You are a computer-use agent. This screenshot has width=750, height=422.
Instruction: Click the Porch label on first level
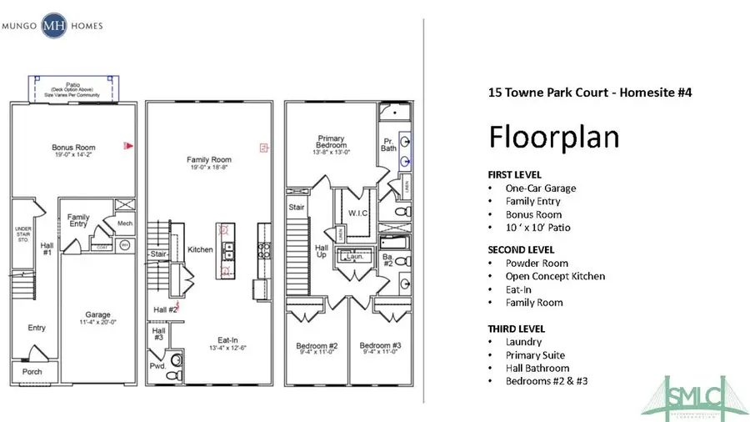(32, 372)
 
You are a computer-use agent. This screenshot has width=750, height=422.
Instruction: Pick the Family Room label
(208, 160)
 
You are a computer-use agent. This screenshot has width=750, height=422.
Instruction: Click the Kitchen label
(200, 249)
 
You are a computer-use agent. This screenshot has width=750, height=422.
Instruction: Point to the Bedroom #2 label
(316, 346)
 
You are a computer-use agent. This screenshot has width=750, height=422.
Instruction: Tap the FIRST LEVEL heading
(515, 175)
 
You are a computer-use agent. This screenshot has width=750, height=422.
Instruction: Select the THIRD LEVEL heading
(517, 329)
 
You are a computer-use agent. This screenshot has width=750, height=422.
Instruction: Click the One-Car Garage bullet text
(540, 188)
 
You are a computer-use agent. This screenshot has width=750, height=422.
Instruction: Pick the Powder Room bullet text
(537, 264)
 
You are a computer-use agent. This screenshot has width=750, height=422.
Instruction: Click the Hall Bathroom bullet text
(537, 368)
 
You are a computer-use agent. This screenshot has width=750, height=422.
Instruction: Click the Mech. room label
(125, 223)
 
